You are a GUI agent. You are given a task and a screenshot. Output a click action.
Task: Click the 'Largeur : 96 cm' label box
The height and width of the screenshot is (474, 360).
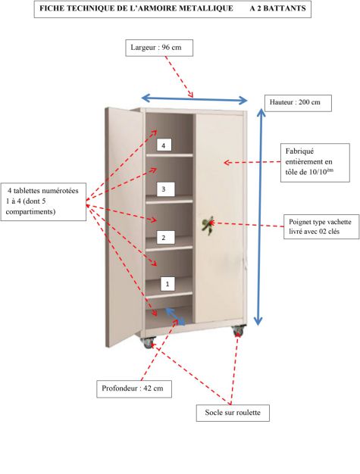pyautogui.click(x=159, y=48)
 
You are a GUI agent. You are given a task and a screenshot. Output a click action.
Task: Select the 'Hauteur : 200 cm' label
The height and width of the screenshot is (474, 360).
pyautogui.click(x=298, y=103)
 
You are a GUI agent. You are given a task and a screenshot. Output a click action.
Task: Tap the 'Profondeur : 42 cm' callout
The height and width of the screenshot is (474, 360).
pyautogui.click(x=134, y=388)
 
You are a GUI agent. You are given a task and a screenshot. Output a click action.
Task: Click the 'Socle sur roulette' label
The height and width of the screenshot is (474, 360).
pyautogui.click(x=233, y=413)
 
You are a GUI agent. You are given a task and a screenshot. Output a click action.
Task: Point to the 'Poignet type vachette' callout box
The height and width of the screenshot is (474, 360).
pyautogui.click(x=321, y=226)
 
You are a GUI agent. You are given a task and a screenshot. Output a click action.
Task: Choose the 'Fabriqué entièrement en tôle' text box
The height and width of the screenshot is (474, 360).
pyautogui.click(x=315, y=163)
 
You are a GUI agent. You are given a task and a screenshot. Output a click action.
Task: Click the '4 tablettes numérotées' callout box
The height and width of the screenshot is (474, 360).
pyautogui.click(x=43, y=201)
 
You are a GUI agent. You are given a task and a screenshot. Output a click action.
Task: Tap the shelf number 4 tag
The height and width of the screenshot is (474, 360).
pyautogui.click(x=164, y=145)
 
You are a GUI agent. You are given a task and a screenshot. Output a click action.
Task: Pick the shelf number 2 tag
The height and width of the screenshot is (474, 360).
pyautogui.click(x=165, y=238)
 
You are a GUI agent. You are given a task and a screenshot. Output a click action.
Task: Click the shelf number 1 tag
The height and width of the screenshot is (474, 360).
pyautogui.click(x=167, y=284)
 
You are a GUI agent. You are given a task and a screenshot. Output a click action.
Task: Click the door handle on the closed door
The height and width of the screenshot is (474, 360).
pyautogui.click(x=208, y=225)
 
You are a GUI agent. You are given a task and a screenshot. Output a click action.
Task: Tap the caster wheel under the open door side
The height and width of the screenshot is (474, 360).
pyautogui.click(x=149, y=342)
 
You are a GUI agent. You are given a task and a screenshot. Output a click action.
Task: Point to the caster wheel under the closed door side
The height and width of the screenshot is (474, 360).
pyautogui.click(x=239, y=330)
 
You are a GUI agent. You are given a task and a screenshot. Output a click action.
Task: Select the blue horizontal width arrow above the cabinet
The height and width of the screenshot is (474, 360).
pyautogui.click(x=195, y=99)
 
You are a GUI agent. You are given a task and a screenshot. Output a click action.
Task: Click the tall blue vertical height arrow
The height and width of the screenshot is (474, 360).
pyautogui.click(x=259, y=217)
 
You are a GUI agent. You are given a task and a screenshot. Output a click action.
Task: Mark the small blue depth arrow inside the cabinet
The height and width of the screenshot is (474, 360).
pyautogui.click(x=175, y=317)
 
